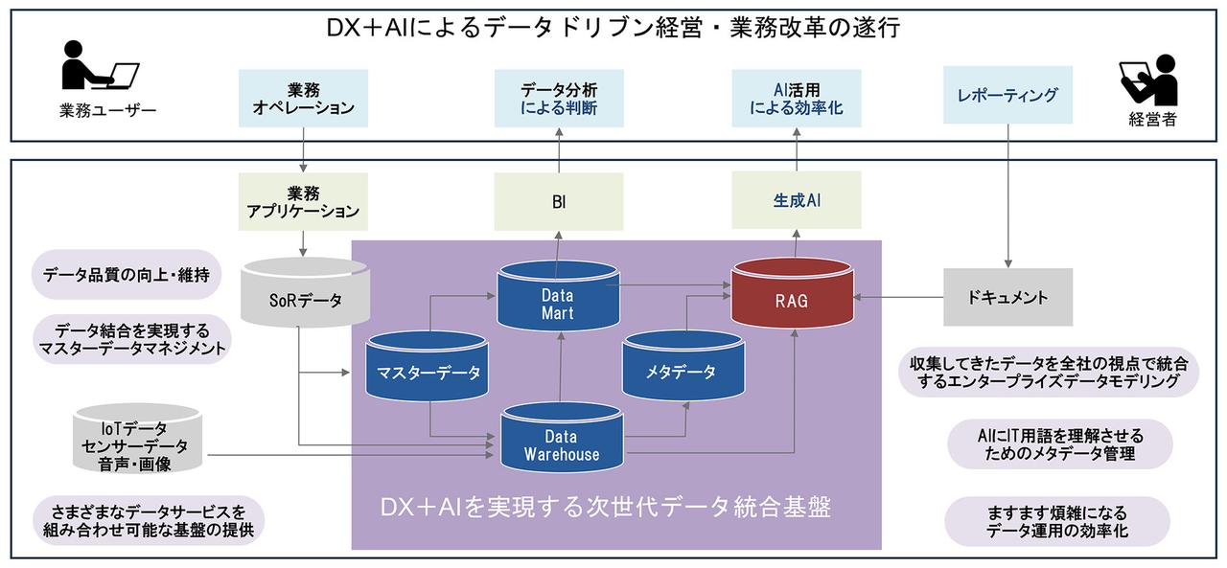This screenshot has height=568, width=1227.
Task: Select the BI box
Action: (x=558, y=202)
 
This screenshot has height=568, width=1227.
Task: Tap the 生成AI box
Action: (x=797, y=201)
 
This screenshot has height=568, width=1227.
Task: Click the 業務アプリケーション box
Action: (x=302, y=201)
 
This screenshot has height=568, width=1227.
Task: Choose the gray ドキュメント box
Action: (x=1007, y=297)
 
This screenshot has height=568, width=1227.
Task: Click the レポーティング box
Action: (x=1007, y=95)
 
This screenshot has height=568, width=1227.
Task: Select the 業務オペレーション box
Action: (x=303, y=98)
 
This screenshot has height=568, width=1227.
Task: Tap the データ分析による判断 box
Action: (x=558, y=98)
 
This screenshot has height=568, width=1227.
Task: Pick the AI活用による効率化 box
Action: (x=796, y=98)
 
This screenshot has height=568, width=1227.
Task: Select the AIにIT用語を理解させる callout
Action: (x=1058, y=444)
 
